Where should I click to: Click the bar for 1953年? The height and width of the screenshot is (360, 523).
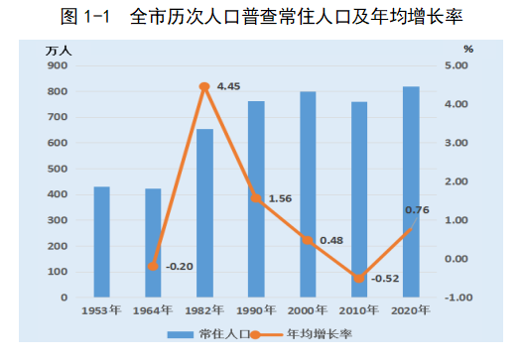coord(101,242)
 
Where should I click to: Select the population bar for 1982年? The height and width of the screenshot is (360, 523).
coord(204,213)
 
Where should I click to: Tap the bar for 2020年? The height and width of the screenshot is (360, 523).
coord(411,192)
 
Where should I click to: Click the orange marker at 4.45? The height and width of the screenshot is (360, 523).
coord(204,87)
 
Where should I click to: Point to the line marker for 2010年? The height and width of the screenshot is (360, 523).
coord(359,279)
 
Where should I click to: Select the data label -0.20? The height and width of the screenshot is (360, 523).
coord(180,266)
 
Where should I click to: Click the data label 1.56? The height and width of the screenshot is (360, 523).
coord(280,198)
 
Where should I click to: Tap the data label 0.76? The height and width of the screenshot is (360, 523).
coord(417,209)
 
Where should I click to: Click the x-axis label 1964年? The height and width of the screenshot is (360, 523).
coord(153,310)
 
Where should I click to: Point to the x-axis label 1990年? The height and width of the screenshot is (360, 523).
coord(256,310)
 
